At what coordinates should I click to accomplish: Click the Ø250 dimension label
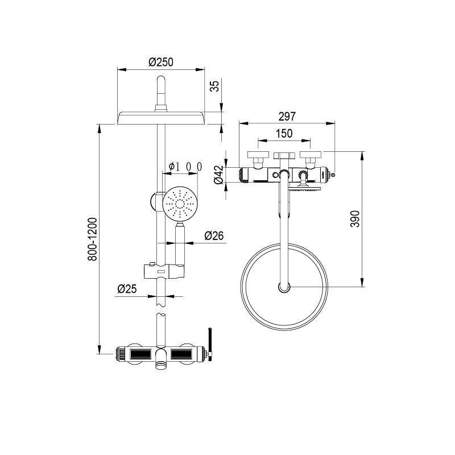click(x=161, y=62)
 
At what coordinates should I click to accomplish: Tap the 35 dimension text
click(x=215, y=86)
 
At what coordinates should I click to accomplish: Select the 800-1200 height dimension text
click(x=92, y=239)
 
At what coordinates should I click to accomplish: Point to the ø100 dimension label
click(x=185, y=167)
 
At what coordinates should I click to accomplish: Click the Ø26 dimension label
click(x=214, y=235)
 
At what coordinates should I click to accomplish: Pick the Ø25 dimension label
click(x=127, y=289)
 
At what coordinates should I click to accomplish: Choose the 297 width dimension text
click(x=287, y=117)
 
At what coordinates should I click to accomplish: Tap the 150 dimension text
click(x=284, y=134)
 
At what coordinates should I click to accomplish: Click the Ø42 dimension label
click(x=219, y=175)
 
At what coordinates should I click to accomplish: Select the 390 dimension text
click(x=355, y=219)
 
